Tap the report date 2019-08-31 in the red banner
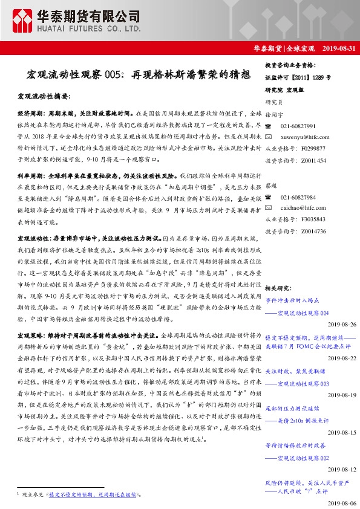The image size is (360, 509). click(339, 48)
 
